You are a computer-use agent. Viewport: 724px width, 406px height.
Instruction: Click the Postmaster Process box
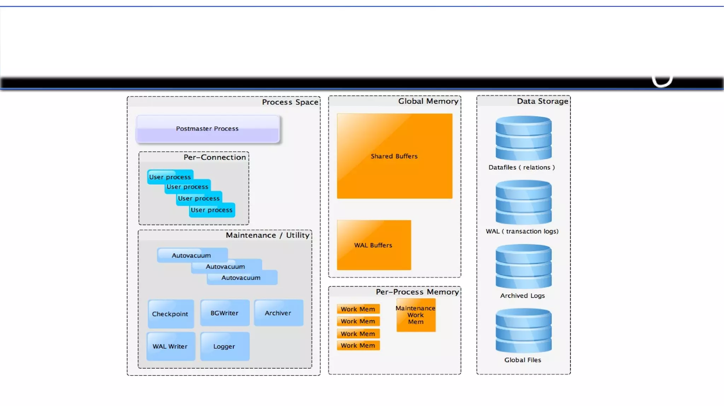208,129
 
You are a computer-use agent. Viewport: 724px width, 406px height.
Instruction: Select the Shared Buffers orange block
394,156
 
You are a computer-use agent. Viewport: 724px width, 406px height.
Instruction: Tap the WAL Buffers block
374,245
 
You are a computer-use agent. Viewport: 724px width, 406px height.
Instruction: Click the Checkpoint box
170,314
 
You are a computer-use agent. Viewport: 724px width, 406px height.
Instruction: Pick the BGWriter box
224,313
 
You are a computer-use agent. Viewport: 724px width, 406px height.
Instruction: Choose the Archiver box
278,313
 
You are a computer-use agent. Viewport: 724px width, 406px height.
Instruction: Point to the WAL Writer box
170,346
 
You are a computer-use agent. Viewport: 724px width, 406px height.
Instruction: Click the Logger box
224,346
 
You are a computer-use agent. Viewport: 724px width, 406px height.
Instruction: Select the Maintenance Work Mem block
416,315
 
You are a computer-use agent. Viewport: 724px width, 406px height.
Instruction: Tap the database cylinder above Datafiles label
523,138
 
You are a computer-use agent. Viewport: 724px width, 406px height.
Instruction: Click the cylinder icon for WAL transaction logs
523,202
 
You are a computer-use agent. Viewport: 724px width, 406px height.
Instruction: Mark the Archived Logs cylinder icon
523,267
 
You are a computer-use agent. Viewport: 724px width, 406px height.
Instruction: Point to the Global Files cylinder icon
523,331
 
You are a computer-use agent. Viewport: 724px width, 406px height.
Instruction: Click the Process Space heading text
290,102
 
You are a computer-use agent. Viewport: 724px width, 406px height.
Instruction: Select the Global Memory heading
428,101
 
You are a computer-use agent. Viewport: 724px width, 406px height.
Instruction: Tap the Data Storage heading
542,101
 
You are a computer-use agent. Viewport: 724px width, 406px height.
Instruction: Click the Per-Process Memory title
417,292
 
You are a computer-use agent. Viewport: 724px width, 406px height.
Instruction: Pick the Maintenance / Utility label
268,235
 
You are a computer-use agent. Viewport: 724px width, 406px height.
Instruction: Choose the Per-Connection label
215,157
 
